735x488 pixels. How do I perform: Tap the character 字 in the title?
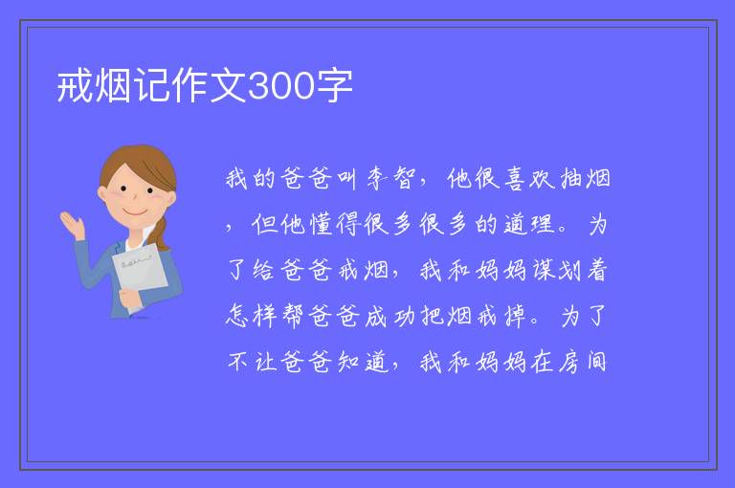334,87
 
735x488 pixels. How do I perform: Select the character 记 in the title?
152,87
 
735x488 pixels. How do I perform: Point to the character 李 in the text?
377,179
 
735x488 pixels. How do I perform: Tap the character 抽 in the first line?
571,179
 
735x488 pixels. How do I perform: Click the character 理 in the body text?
544,225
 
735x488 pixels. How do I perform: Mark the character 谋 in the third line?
544,271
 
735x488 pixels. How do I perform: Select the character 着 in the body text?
597,271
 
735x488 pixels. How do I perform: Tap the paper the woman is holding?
140,272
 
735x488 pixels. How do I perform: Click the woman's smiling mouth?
135,211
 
